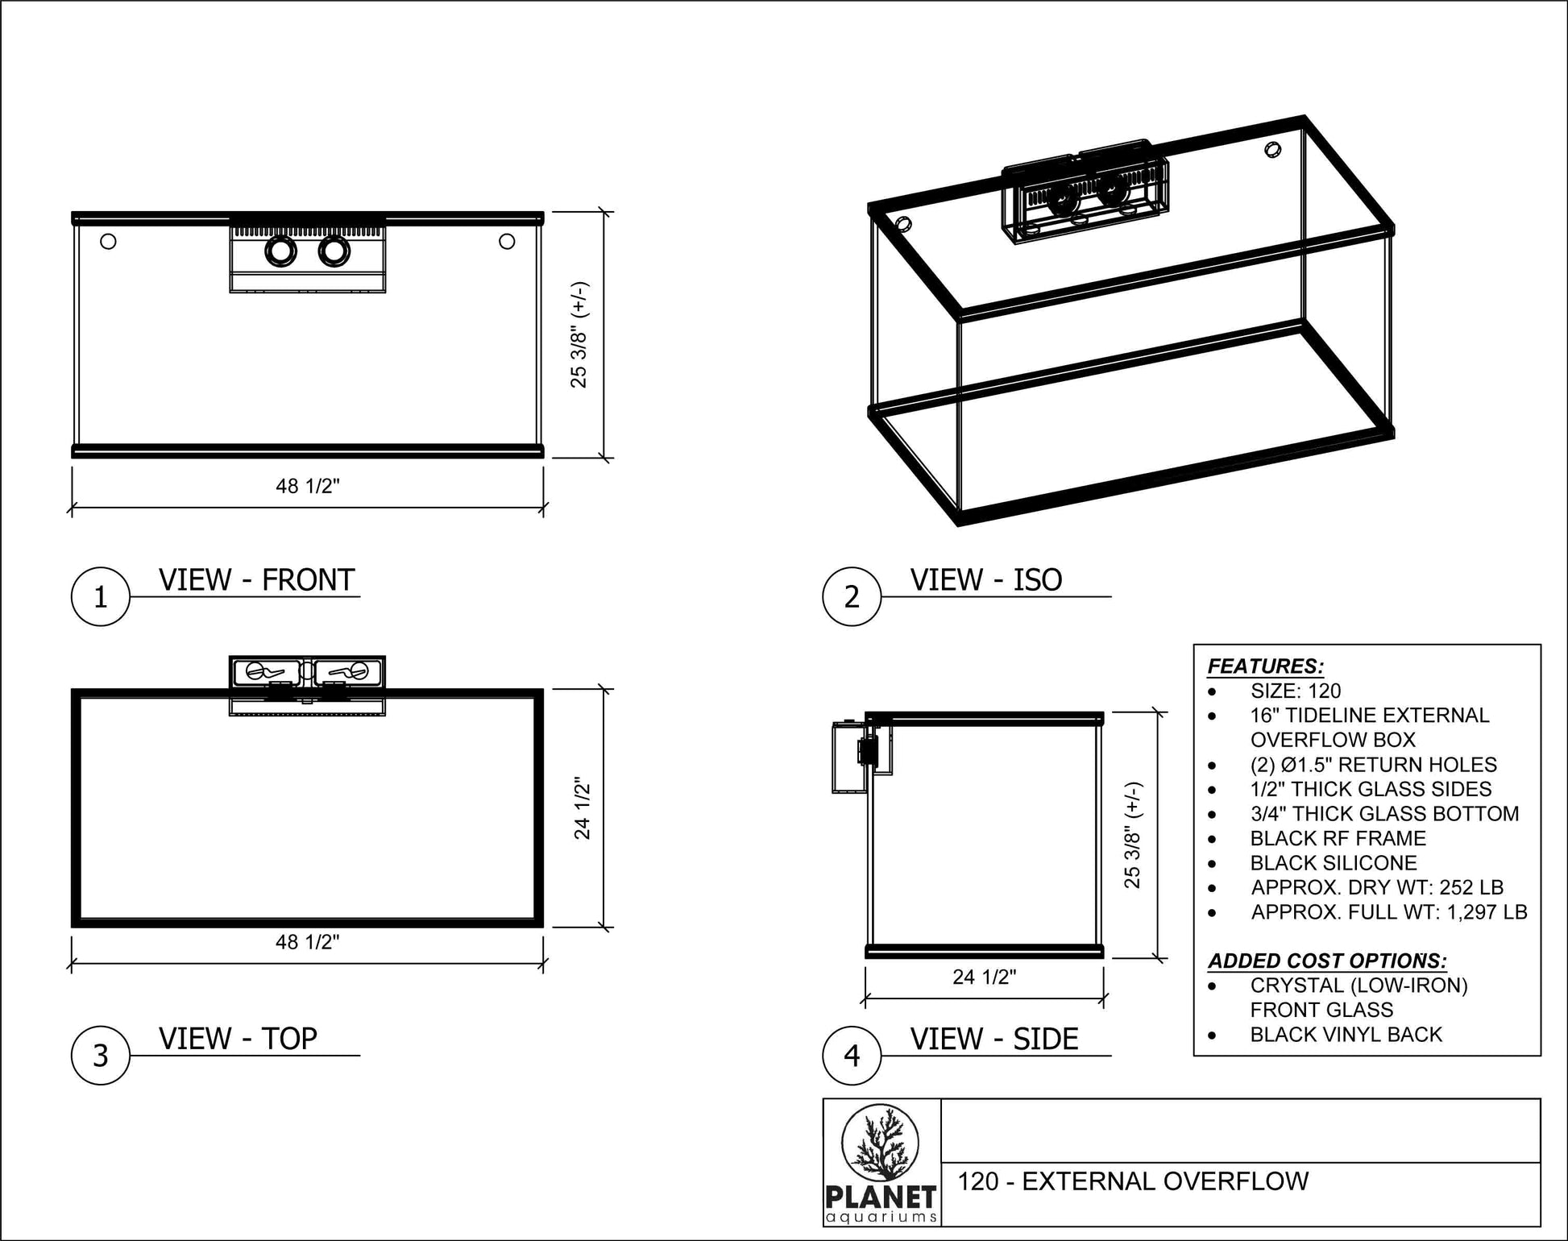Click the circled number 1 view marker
(101, 597)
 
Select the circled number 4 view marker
(852, 1056)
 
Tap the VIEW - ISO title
(986, 580)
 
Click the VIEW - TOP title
(238, 1039)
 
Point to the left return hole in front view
(108, 241)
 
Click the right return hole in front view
(507, 241)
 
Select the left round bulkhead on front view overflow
(280, 252)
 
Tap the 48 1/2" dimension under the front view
(308, 486)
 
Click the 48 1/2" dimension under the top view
(308, 942)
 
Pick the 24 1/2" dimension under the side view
(985, 977)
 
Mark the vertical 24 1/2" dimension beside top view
(583, 807)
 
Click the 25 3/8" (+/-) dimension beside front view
(579, 334)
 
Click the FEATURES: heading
(1265, 666)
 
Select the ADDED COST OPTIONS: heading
(1327, 961)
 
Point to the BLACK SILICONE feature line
(1334, 863)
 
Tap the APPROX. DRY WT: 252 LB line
(1377, 887)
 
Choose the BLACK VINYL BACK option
(1346, 1035)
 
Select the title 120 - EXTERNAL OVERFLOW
(1133, 1181)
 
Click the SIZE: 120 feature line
(1296, 691)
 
